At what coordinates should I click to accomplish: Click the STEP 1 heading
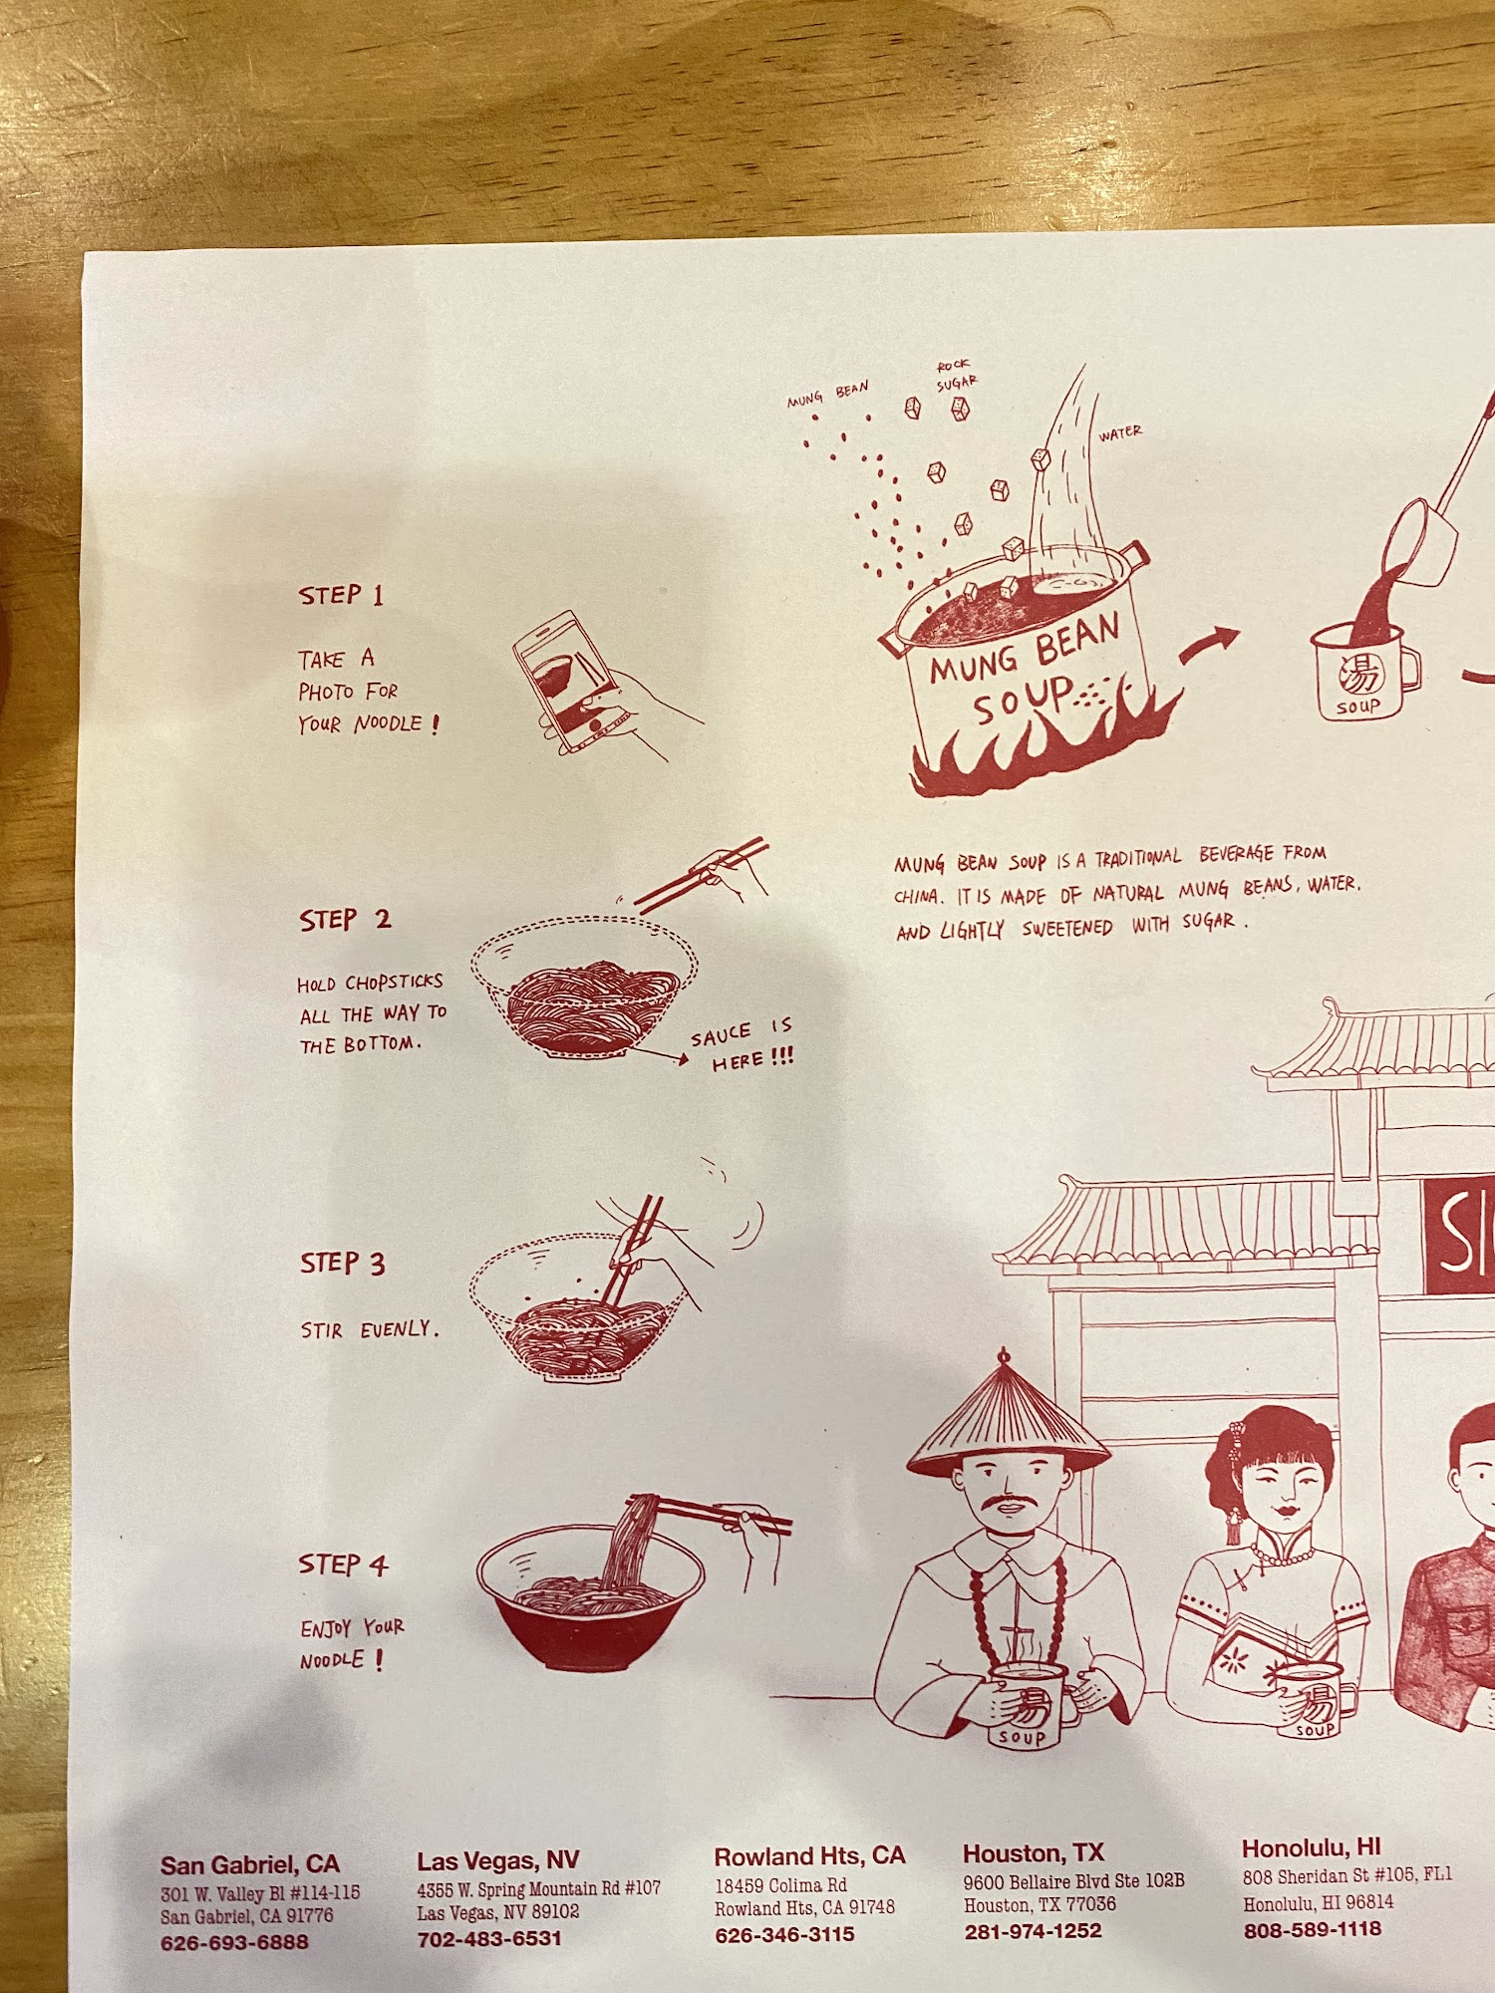pyautogui.click(x=341, y=595)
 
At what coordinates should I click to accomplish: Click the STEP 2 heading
pyautogui.click(x=345, y=920)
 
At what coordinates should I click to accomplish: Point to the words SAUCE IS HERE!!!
pyautogui.click(x=743, y=1045)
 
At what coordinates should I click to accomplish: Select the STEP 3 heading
pyautogui.click(x=342, y=1264)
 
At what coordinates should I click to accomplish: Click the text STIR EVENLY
pyautogui.click(x=370, y=1329)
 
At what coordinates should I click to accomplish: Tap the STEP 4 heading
pyautogui.click(x=343, y=1565)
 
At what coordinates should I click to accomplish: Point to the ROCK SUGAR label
pyautogui.click(x=956, y=375)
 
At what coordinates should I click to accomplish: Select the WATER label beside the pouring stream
pyautogui.click(x=1120, y=433)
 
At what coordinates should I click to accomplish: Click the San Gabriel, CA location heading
pyautogui.click(x=250, y=1864)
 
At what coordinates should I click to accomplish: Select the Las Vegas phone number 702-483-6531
pyautogui.click(x=489, y=1939)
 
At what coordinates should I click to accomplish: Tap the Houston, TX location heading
pyautogui.click(x=1034, y=1853)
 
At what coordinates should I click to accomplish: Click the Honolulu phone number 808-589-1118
pyautogui.click(x=1312, y=1929)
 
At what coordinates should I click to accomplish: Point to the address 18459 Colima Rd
pyautogui.click(x=781, y=1885)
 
